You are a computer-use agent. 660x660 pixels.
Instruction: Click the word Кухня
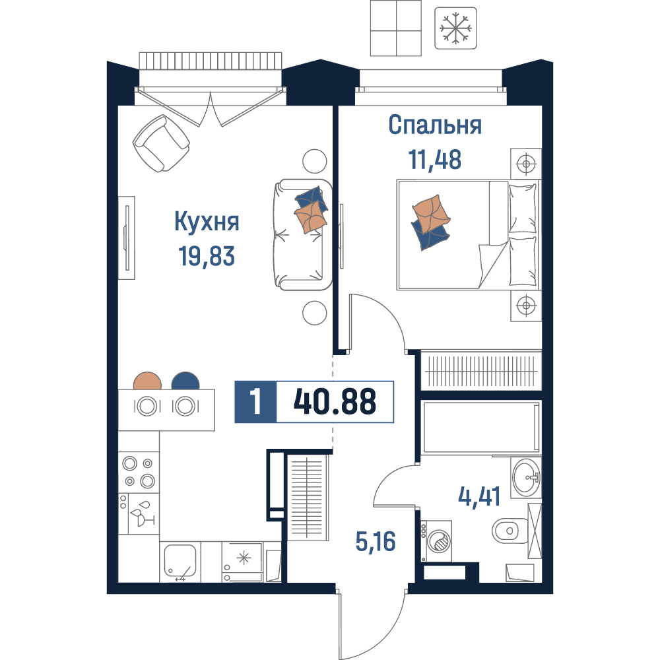(207, 222)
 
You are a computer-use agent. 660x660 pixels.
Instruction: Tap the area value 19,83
(207, 256)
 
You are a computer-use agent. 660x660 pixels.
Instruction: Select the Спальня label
(435, 125)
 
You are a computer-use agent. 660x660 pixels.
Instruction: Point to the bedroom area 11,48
(435, 160)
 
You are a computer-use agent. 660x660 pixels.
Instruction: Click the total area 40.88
(335, 401)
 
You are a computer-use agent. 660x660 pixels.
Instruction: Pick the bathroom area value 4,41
(479, 497)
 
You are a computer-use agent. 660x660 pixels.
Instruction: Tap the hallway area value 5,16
(376, 541)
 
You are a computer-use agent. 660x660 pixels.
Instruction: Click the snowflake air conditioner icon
(455, 28)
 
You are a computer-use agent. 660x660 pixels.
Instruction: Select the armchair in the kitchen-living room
(161, 143)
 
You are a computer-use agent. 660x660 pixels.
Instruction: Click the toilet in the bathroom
(510, 531)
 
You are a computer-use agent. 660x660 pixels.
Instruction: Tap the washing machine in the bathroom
(436, 541)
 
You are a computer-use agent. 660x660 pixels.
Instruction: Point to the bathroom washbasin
(526, 478)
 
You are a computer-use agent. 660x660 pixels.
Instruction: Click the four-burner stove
(139, 472)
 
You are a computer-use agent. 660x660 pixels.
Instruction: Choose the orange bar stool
(147, 381)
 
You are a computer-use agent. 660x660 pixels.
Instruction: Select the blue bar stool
(185, 381)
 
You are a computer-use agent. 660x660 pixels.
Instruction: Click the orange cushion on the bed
(430, 214)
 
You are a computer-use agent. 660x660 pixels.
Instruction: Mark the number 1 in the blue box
(255, 401)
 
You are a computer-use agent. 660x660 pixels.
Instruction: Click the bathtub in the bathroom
(481, 427)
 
